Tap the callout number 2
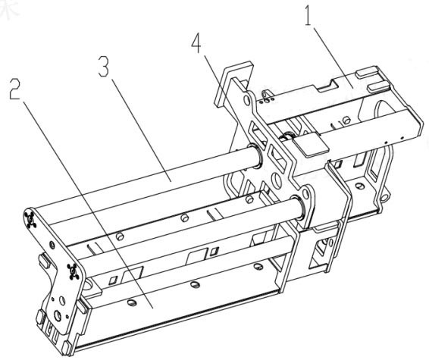coord(14,89)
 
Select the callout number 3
coord(103,67)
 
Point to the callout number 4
coord(196,44)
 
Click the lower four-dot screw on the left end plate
coord(73,271)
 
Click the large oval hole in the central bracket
coord(277,181)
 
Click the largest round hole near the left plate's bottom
coord(58,316)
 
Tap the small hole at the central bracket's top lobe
coord(247,101)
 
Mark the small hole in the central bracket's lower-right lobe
coord(305,194)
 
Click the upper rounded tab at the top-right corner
coord(366,74)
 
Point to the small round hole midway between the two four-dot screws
coord(52,245)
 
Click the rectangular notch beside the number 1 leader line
coord(327,85)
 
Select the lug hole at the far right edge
coord(384,198)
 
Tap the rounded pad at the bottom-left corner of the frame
coord(66,347)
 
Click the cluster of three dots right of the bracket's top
coord(267,100)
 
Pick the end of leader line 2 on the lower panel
coord(152,308)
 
